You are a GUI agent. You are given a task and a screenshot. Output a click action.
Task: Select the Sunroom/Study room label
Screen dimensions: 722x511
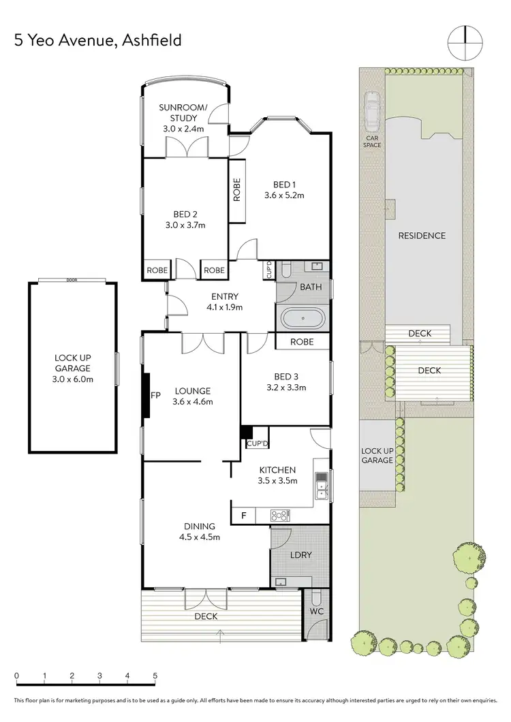click(179, 118)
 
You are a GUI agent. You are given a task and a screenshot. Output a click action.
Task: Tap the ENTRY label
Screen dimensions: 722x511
click(225, 296)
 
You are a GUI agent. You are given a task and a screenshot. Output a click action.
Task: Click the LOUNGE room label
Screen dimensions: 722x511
click(192, 391)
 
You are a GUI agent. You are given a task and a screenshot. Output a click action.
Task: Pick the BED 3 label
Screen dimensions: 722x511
click(287, 377)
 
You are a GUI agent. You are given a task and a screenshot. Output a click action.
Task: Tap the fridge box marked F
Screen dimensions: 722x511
click(243, 516)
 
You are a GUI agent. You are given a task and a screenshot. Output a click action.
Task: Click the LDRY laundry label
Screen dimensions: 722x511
click(301, 555)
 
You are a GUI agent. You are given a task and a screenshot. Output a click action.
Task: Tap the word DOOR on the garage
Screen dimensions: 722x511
click(72, 280)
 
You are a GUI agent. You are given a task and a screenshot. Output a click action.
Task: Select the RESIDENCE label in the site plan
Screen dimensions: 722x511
click(422, 236)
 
